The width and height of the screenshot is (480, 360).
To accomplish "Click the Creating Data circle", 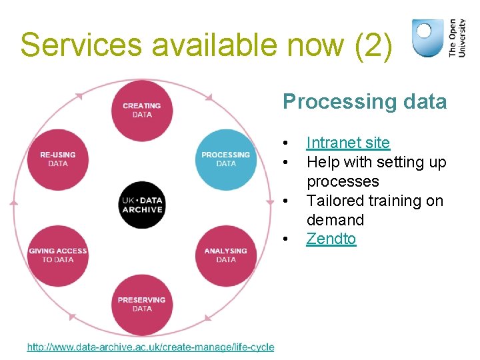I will click(x=141, y=110).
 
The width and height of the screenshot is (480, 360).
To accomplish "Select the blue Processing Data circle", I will click(x=226, y=159).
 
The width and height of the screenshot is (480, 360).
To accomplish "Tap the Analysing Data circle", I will click(x=226, y=255).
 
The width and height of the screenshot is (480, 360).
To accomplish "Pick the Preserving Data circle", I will click(x=141, y=304).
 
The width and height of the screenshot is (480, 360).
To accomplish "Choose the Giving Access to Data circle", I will click(x=58, y=255).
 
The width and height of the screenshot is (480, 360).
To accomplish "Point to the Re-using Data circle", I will click(x=58, y=159).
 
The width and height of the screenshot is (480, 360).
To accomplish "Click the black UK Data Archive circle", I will click(x=141, y=205).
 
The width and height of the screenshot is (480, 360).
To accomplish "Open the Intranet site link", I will click(x=348, y=143).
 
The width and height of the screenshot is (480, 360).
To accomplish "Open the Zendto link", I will click(x=331, y=239).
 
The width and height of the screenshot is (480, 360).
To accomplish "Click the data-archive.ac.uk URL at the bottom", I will click(x=151, y=347).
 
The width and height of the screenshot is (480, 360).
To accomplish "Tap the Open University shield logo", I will click(x=427, y=37).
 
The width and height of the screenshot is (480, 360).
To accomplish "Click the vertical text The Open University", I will click(x=457, y=37).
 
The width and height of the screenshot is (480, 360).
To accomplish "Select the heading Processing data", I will click(x=365, y=101).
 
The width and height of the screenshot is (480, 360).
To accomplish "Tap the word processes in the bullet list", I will click(x=343, y=181).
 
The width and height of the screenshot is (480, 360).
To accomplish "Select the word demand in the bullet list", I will click(x=335, y=220).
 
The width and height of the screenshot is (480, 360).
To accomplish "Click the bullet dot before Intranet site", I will click(x=285, y=143).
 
